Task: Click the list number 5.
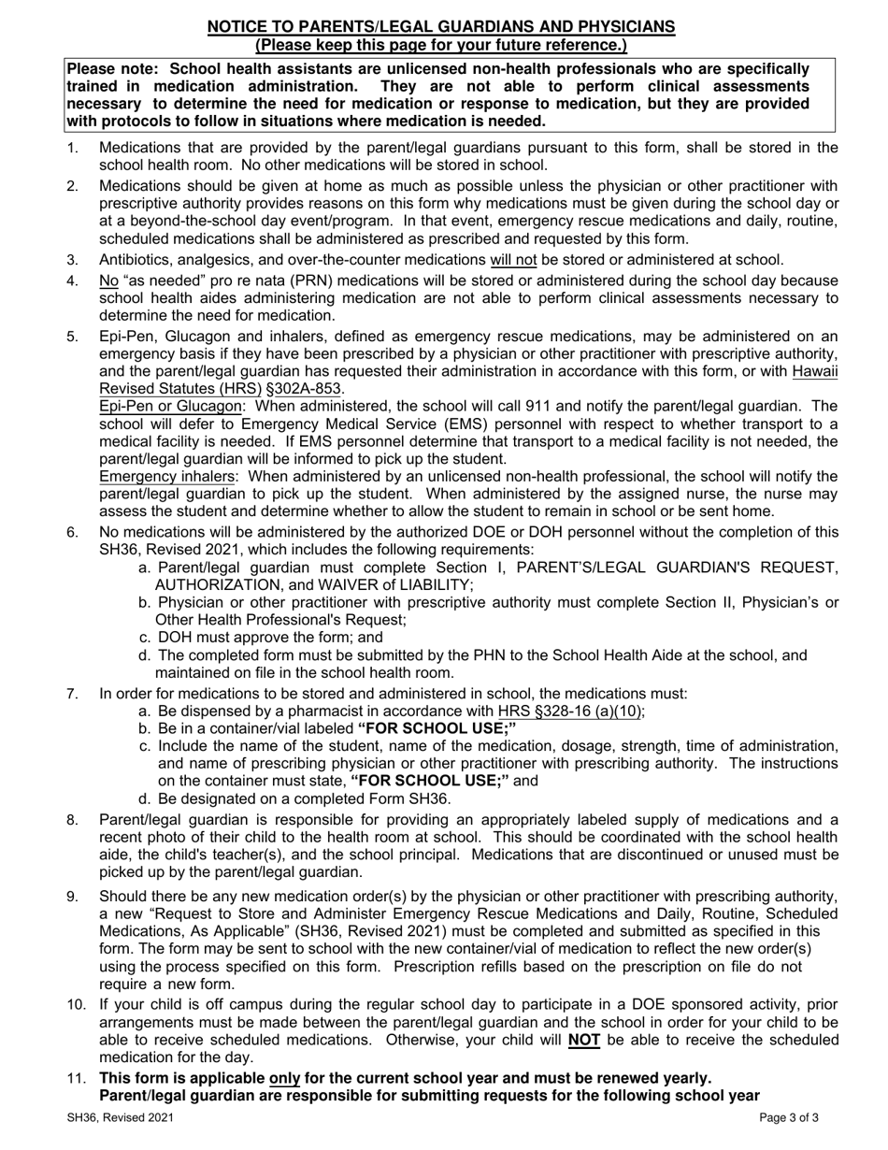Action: coord(72,337)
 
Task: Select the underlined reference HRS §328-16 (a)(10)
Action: coord(570,711)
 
